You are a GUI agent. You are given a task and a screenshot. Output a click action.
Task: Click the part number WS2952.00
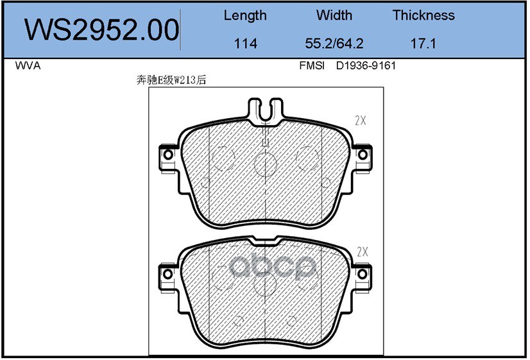coord(101,30)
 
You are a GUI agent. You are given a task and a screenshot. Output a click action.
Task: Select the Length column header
coord(245,15)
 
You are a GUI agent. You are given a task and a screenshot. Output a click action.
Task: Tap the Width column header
coord(334,15)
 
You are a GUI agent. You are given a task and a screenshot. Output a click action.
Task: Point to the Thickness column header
coord(423,15)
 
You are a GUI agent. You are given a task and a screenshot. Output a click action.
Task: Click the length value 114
coord(245,43)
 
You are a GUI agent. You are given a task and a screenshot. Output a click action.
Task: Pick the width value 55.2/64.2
coord(334,43)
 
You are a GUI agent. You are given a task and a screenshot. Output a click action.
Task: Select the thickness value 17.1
coord(423,43)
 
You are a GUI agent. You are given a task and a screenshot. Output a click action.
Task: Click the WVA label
coord(28,65)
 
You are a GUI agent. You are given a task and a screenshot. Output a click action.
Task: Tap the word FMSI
coord(312,65)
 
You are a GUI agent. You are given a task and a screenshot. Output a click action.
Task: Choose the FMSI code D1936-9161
coord(366,65)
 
